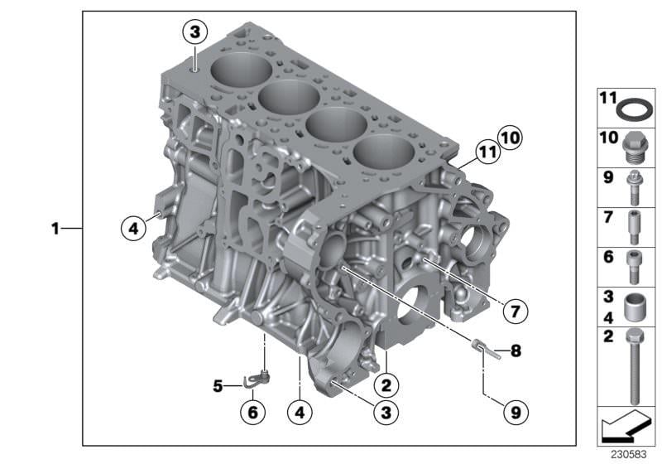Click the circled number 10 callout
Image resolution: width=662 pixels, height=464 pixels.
tap(510, 138)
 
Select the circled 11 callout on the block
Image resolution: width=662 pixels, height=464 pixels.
tap(488, 152)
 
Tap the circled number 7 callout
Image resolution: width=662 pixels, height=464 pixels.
tap(515, 312)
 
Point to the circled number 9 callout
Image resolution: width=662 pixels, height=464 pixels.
tap(516, 412)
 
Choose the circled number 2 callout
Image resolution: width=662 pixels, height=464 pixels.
tap(386, 385)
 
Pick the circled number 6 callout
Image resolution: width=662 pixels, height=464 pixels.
tap(253, 412)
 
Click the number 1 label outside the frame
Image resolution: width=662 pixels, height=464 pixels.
tap(55, 229)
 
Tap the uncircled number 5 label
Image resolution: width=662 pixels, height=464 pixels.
tap(218, 386)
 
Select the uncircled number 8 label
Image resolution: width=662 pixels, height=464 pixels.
tap(516, 350)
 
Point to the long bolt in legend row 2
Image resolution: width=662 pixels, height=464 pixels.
tap(636, 367)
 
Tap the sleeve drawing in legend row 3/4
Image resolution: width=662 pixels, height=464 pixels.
tap(636, 307)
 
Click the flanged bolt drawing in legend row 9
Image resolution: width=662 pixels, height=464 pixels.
tap(634, 187)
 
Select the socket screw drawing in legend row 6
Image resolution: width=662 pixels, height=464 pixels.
tap(633, 267)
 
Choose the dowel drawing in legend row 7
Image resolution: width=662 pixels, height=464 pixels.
tap(634, 227)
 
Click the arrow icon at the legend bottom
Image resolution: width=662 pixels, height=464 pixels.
tap(626, 425)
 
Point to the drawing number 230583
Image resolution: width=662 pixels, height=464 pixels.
tap(628, 454)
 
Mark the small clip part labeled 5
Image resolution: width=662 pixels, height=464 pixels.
tap(257, 378)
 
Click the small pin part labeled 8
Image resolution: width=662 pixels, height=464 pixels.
tap(486, 350)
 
